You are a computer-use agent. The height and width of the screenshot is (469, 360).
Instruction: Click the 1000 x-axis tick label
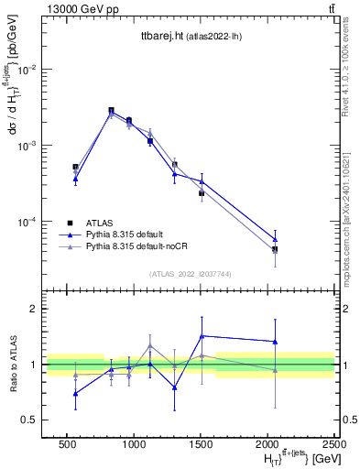[x=134, y=443]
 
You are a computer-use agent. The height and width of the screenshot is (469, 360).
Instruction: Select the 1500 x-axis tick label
[x=202, y=443]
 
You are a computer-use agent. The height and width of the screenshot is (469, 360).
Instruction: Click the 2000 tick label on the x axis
[x=268, y=443]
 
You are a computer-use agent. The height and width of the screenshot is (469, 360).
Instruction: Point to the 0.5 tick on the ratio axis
[x=29, y=420]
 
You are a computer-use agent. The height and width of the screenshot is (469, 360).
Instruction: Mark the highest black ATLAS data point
[x=111, y=110]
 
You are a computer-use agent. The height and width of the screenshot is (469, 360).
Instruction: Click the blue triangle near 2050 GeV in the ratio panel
[x=275, y=342]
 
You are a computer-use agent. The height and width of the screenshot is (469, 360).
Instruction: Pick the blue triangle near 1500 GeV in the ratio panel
[x=202, y=336]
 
